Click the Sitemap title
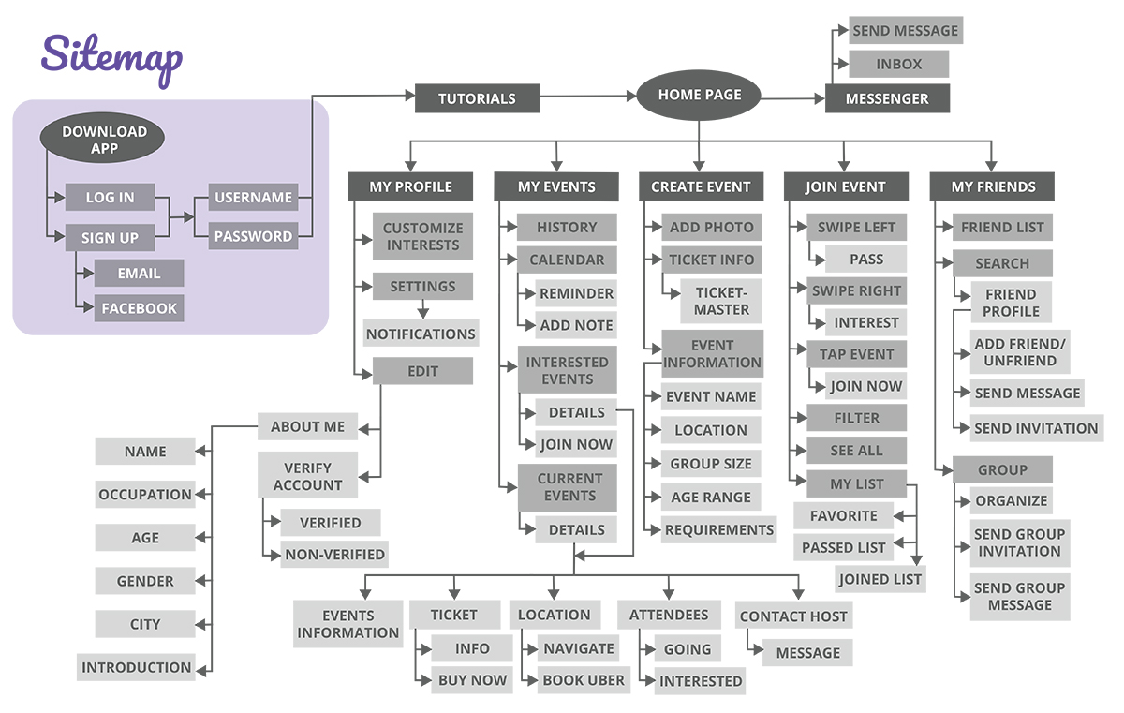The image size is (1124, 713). point(111,58)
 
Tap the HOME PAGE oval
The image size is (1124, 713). point(699,96)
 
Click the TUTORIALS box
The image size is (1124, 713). point(477,98)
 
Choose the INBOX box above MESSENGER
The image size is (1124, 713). point(899,65)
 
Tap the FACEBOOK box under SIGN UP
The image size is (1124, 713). point(139,308)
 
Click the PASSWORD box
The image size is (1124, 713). point(253,236)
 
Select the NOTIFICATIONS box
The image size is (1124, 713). point(421,334)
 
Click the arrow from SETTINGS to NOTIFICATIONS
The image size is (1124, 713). point(422,308)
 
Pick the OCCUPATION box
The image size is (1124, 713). point(145,495)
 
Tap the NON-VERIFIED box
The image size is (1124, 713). point(334,554)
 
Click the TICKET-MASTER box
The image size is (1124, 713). point(721,301)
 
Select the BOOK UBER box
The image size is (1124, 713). point(584,681)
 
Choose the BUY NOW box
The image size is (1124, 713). point(472,680)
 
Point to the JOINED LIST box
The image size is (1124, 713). point(880,579)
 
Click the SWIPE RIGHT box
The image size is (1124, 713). point(856,290)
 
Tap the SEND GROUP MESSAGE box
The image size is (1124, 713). point(1019,596)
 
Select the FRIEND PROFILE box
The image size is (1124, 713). point(1011,302)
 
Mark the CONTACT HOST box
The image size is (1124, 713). point(792,616)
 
